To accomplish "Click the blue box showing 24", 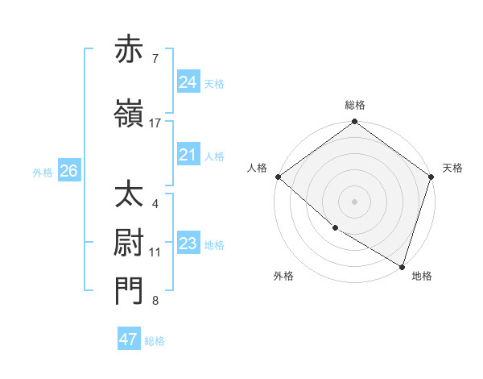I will [188, 82].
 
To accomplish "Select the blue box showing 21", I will [188, 155].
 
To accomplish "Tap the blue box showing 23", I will [188, 244].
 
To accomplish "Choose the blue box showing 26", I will [68, 171].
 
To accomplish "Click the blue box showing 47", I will [129, 339].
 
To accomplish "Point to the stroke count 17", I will [155, 123].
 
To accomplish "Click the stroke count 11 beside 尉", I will [155, 252].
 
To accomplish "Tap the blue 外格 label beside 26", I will [43, 172].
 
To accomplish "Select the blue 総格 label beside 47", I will [155, 341].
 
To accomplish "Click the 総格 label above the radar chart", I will [355, 105].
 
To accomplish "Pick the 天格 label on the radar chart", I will [452, 168].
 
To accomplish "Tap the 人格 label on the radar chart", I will [258, 168].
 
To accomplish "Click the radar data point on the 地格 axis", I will [402, 266].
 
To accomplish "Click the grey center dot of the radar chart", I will [355, 201].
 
